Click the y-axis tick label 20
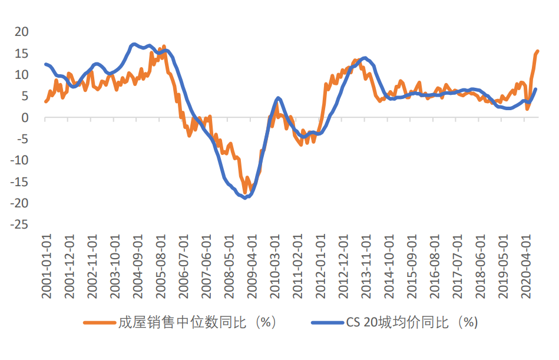point(21,31)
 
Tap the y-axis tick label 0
point(25,117)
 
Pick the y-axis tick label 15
point(21,53)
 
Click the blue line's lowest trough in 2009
point(246,197)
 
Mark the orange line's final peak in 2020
point(537,51)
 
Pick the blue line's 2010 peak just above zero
point(278,98)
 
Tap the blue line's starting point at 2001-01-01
point(46,64)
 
